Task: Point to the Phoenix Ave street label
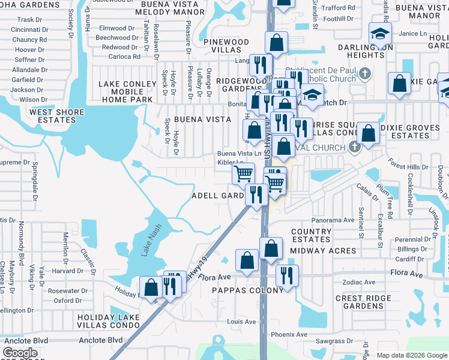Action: click(289, 334)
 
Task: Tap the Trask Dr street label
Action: click(29, 20)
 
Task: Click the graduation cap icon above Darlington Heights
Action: click(380, 33)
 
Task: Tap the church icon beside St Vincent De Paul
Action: click(364, 74)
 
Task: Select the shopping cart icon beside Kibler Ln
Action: click(243, 173)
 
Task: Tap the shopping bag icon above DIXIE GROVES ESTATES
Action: click(368, 133)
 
